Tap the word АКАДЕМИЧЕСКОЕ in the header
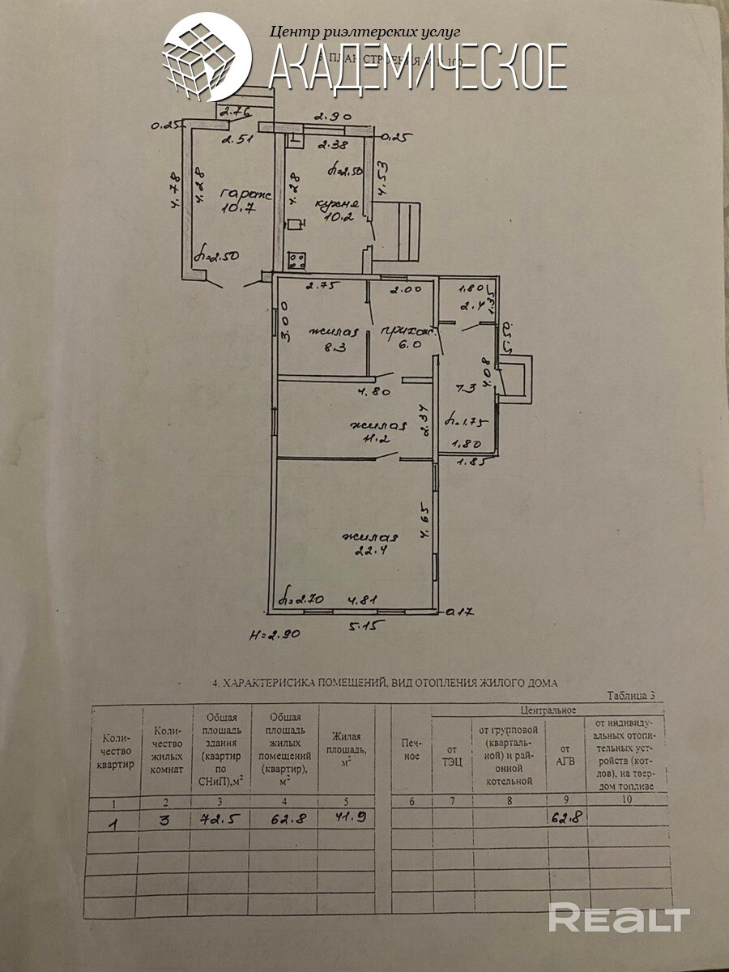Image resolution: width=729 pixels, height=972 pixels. tap(417, 66)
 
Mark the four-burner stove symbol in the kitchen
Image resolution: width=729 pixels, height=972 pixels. tap(297, 260)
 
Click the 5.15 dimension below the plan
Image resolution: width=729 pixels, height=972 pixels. tap(364, 626)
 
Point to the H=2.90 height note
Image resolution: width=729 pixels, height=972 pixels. tap(275, 634)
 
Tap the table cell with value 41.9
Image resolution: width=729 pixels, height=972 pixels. tap(349, 817)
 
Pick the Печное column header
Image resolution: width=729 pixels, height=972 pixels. tap(411, 749)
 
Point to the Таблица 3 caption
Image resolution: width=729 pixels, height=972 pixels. tap(636, 695)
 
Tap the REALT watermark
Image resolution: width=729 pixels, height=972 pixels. tap(619, 919)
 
